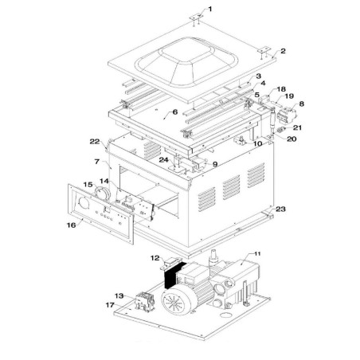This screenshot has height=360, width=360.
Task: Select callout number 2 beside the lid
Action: coord(283,51)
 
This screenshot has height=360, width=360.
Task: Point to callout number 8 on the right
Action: coord(301,104)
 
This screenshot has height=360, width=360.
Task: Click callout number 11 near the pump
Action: coord(256,254)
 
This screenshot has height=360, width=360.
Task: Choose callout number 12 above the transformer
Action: coord(155,258)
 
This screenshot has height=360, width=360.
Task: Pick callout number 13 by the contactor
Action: coord(119,295)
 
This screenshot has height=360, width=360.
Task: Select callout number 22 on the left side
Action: coord(95,141)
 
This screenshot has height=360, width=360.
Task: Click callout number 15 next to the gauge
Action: coord(88,186)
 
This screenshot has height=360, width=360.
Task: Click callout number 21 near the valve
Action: coord(296,127)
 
